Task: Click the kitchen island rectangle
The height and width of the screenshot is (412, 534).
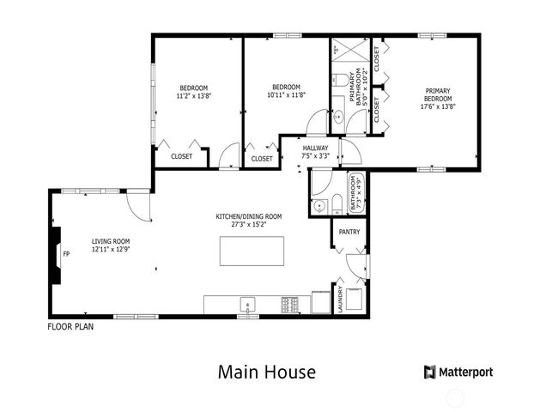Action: point(254,252)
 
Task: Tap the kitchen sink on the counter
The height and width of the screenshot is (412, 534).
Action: point(247,305)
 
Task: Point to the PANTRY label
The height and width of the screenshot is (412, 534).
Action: point(349,232)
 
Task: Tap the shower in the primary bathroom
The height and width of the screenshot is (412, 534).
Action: point(349,50)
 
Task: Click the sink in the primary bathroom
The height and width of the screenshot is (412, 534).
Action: point(337,118)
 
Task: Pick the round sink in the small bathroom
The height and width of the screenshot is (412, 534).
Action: point(319,205)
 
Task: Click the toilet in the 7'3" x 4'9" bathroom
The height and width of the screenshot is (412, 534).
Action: point(337,204)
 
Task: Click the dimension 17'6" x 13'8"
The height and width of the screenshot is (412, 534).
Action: point(437,107)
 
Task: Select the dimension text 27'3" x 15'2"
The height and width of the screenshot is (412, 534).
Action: point(248,225)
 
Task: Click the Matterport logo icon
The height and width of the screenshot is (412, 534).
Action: point(429,372)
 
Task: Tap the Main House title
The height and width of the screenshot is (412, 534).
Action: point(266,372)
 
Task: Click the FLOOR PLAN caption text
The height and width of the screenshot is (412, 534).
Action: point(70,326)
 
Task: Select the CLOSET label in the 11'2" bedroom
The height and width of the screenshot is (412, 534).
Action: point(181,157)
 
